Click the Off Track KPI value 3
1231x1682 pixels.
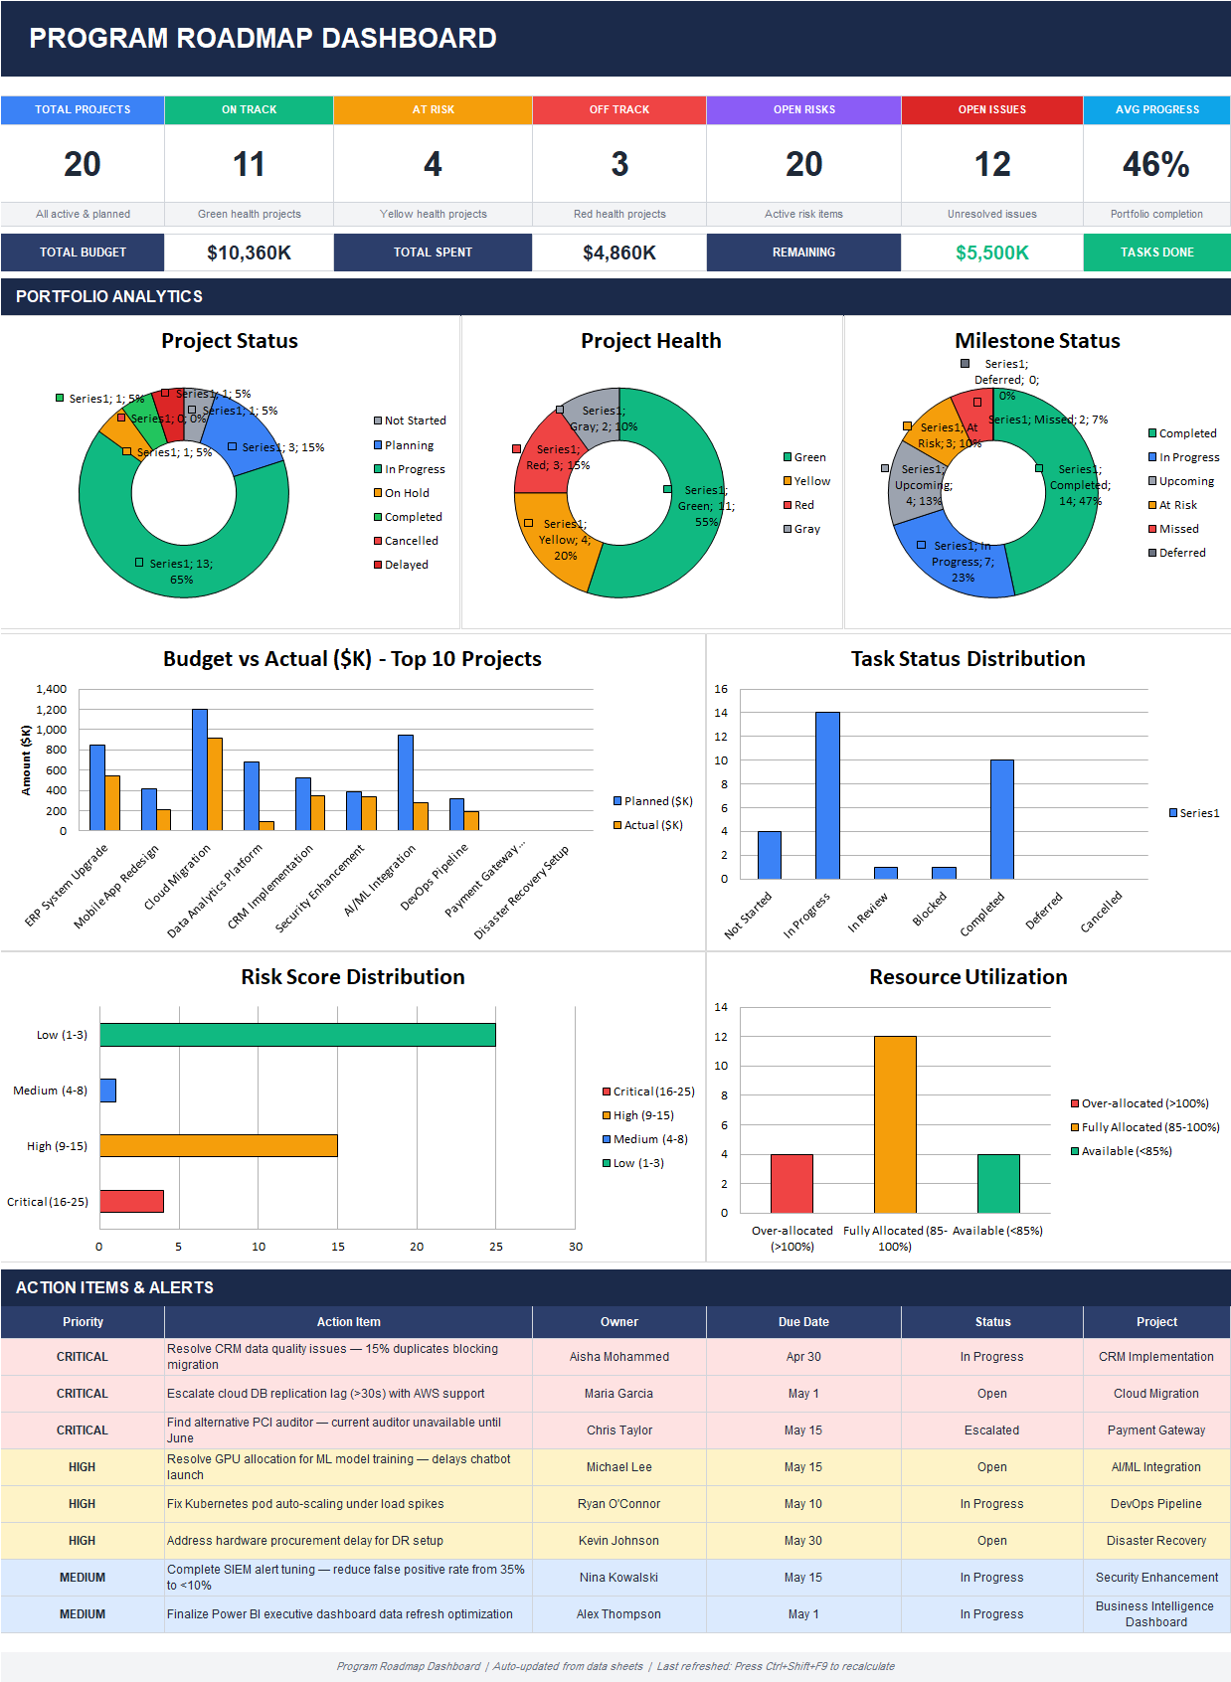618,164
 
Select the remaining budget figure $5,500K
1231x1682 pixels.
991,252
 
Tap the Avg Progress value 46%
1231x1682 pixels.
1155,164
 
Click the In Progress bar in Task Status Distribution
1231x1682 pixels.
827,795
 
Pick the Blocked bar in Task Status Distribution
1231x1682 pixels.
944,873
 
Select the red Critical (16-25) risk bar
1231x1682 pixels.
131,1201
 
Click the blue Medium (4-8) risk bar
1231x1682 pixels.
108,1091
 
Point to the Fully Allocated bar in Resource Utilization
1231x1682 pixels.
895,1124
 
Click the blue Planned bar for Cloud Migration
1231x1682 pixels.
200,769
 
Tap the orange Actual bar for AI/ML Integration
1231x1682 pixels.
421,816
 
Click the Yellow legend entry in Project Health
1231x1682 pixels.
806,481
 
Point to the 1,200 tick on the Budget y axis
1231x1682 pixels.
51,710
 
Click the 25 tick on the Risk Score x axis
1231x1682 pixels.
496,1247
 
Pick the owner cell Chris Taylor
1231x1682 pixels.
618,1430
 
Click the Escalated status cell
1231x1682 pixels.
991,1430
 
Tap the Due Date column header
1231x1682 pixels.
803,1321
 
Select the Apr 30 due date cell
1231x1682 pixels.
803,1356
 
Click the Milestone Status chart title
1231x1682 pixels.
1036,341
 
